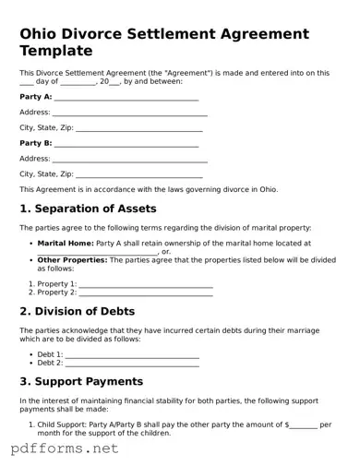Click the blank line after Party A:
coord(126,97)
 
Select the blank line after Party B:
coord(126,144)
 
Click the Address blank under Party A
coord(129,113)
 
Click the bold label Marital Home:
coord(66,243)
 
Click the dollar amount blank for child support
coord(304,424)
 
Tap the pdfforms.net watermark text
coord(65,448)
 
